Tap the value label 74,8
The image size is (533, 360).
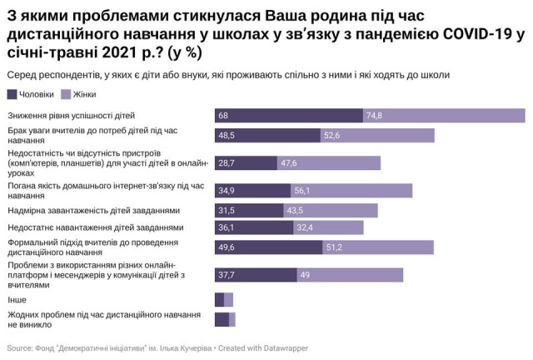[x=374, y=115]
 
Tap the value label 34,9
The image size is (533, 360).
[x=227, y=190]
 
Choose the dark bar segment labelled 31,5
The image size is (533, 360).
[x=249, y=210]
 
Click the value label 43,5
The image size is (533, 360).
[x=296, y=210]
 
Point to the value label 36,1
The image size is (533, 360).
[x=227, y=227]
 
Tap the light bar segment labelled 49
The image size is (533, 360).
[x=350, y=275]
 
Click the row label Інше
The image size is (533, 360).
[x=16, y=299]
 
